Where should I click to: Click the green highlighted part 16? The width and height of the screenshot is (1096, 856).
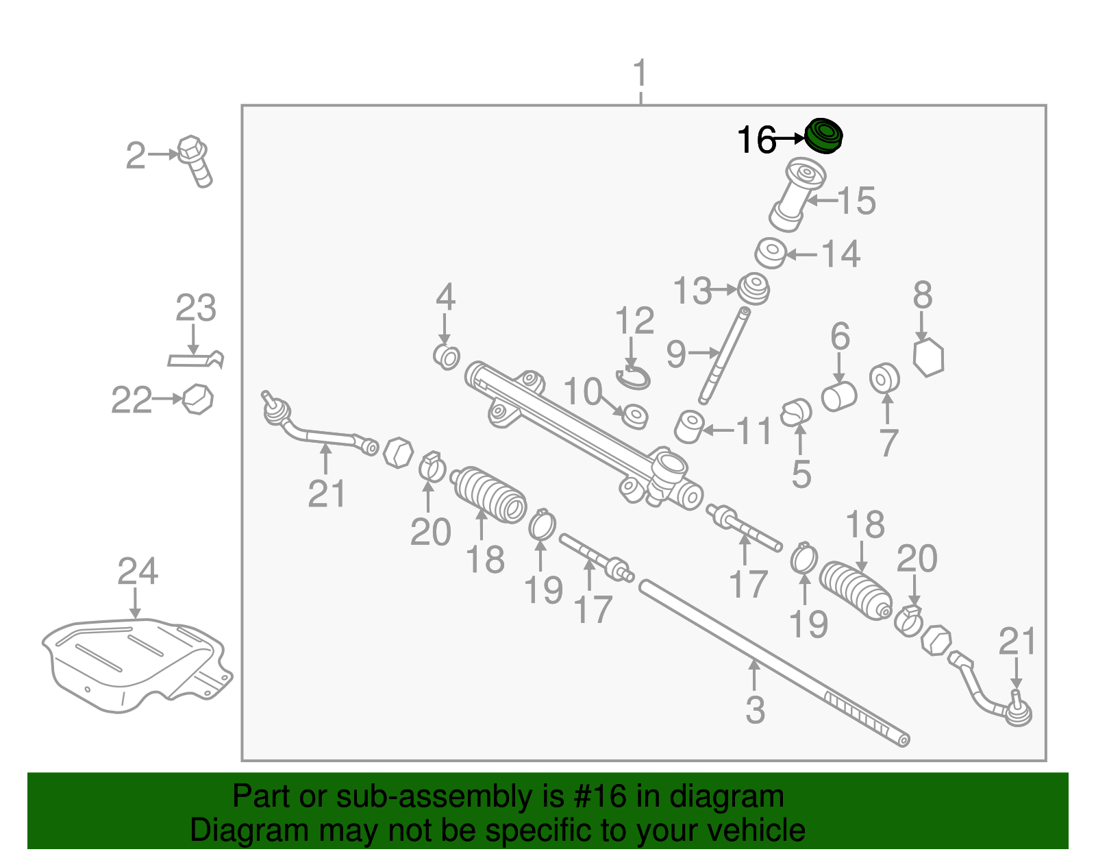823,136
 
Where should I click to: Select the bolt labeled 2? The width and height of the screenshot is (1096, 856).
196,160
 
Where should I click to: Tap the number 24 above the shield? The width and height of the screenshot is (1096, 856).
138,571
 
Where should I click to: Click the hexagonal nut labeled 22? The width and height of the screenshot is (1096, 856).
197,399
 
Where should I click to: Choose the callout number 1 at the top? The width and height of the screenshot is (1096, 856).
640,73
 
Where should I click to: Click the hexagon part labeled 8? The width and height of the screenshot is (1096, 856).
929,357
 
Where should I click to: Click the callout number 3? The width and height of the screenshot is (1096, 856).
755,710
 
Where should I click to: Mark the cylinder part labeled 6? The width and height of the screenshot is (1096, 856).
838,396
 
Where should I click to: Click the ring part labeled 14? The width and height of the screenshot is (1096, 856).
771,253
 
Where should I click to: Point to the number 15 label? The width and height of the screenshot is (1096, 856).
856,200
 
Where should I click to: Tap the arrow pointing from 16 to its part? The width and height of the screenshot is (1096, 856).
790,138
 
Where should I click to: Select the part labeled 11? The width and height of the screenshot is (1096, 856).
690,427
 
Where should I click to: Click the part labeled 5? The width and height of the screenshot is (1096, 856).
795,412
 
